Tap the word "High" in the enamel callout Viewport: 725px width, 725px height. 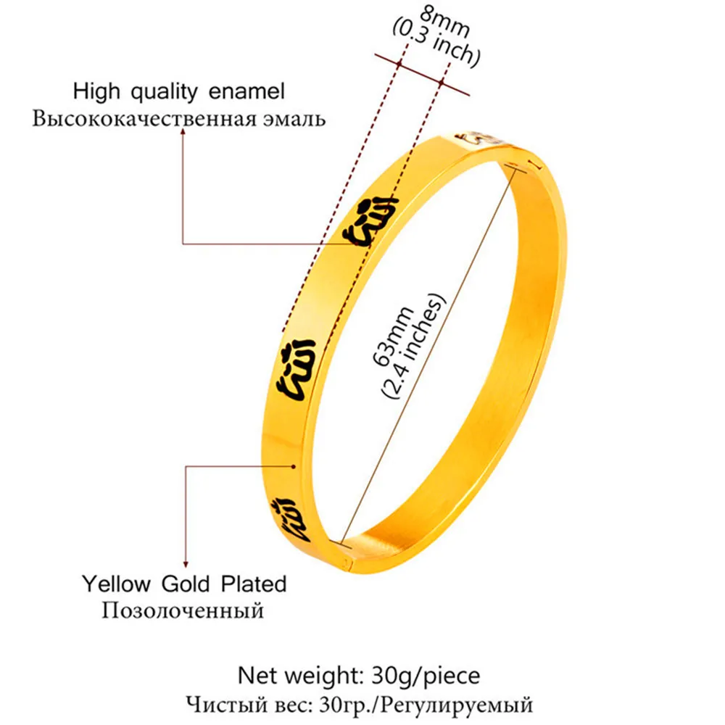click(96, 92)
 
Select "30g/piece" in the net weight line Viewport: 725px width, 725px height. click(433, 676)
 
